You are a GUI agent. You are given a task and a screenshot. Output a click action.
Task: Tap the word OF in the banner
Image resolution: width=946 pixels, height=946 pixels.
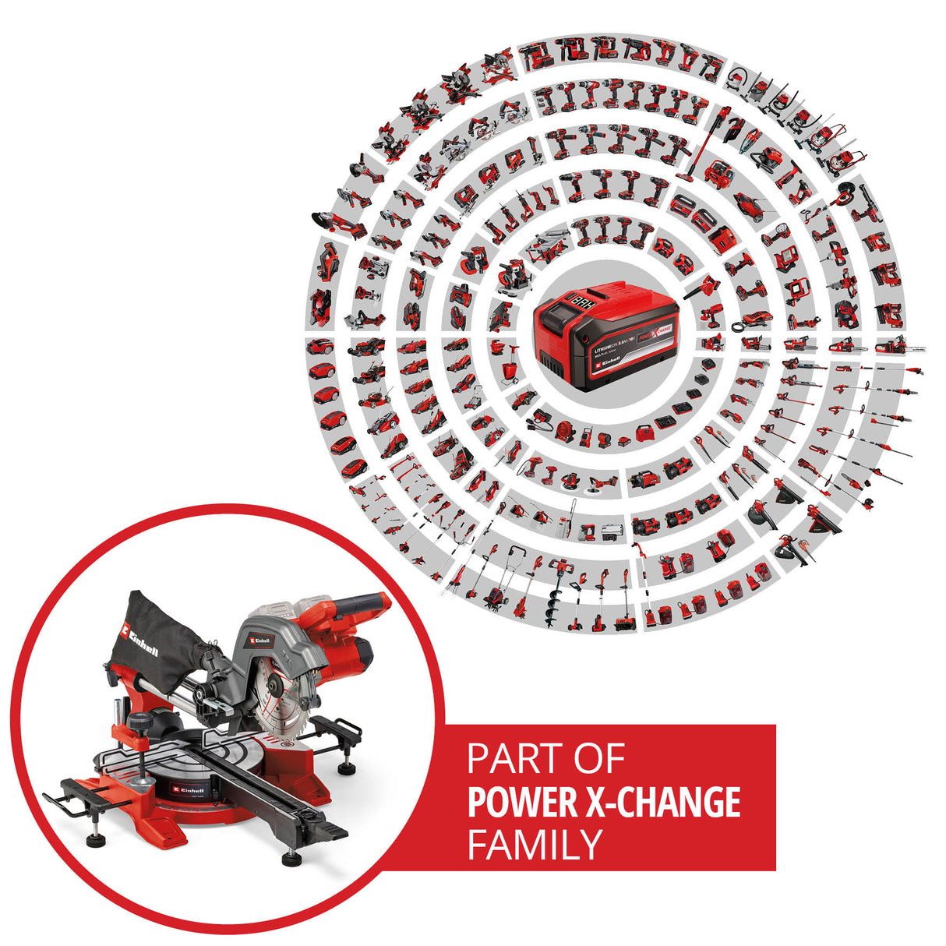pyautogui.click(x=597, y=759)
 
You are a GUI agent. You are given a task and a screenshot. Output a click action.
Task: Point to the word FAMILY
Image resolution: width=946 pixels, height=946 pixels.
pyautogui.click(x=535, y=844)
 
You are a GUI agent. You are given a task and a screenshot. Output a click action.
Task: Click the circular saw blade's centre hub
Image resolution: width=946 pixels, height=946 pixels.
pyautogui.click(x=274, y=684)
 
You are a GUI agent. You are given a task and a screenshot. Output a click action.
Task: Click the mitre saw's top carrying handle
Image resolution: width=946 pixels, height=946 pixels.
pyautogui.click(x=362, y=602)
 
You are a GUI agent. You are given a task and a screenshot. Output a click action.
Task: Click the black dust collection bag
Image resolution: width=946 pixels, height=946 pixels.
pyautogui.click(x=160, y=639)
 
